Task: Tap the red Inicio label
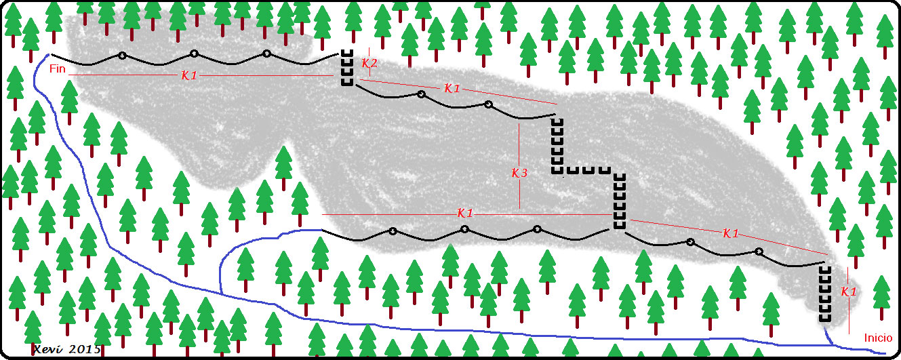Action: pyautogui.click(x=879, y=338)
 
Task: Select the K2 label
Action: pyautogui.click(x=369, y=64)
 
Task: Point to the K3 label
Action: pyautogui.click(x=519, y=173)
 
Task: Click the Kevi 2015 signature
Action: pyautogui.click(x=67, y=348)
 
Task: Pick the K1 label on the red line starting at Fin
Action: pyautogui.click(x=190, y=75)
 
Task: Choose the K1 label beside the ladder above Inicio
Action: pyautogui.click(x=848, y=292)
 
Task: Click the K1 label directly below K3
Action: pyautogui.click(x=465, y=214)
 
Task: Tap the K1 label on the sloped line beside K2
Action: pyautogui.click(x=452, y=88)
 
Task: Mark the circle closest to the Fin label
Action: pyautogui.click(x=122, y=56)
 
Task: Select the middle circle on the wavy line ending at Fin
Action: pyautogui.click(x=195, y=54)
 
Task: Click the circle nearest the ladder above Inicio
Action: pyautogui.click(x=759, y=252)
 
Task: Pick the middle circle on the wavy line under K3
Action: pyautogui.click(x=465, y=229)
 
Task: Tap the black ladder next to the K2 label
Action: pyautogui.click(x=346, y=68)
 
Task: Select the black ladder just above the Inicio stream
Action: pyautogui.click(x=825, y=294)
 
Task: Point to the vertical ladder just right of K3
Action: pyautogui.click(x=557, y=146)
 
